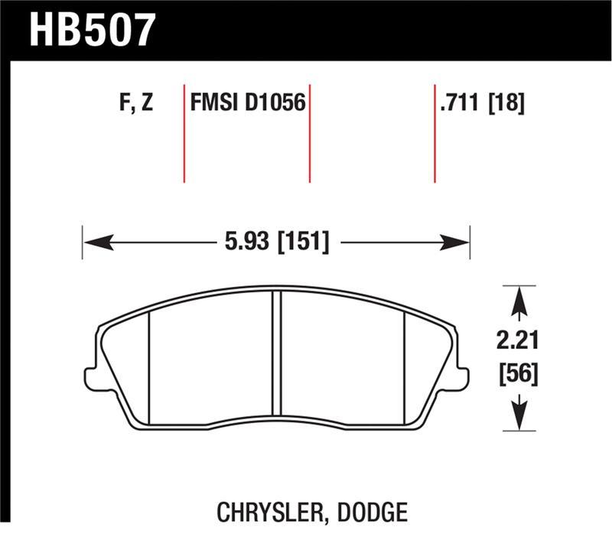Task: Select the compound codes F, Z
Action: (x=137, y=103)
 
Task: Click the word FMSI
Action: (x=215, y=103)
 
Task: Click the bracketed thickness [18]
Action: (x=506, y=103)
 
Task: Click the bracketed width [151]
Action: (x=304, y=242)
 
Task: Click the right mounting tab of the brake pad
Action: (x=461, y=377)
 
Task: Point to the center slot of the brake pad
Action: (x=278, y=356)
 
